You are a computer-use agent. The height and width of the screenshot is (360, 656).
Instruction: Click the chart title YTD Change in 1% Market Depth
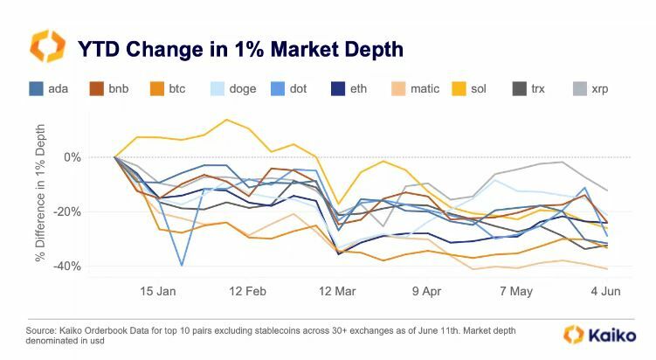(240, 48)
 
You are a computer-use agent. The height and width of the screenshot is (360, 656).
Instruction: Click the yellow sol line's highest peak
(227, 120)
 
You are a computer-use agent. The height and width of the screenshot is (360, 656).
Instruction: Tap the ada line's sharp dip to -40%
(182, 265)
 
